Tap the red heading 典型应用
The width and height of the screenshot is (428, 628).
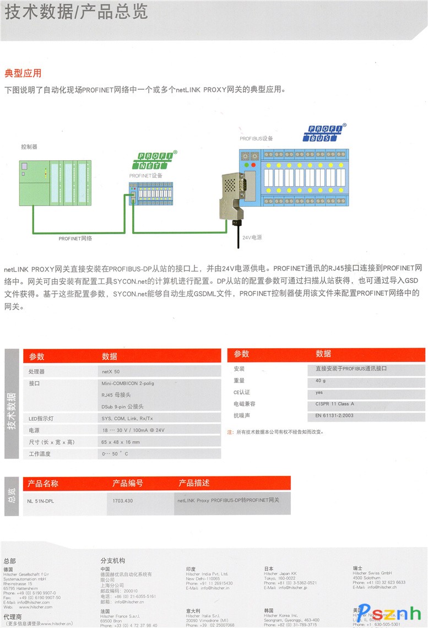(23, 73)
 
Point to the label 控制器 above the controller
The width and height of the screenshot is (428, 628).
(29, 147)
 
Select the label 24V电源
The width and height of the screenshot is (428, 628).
(252, 237)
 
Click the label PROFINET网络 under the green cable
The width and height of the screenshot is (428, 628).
(75, 239)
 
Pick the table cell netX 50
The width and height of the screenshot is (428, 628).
(110, 372)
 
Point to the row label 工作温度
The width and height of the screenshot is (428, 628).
(40, 454)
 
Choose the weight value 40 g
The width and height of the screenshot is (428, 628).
(321, 381)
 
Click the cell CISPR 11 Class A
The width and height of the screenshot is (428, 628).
(335, 404)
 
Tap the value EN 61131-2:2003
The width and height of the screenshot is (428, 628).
(334, 415)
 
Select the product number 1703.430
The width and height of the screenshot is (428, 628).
(122, 501)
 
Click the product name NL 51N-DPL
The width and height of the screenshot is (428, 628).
(41, 501)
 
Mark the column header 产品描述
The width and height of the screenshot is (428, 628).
(194, 483)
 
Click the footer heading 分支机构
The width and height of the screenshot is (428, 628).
(112, 561)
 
